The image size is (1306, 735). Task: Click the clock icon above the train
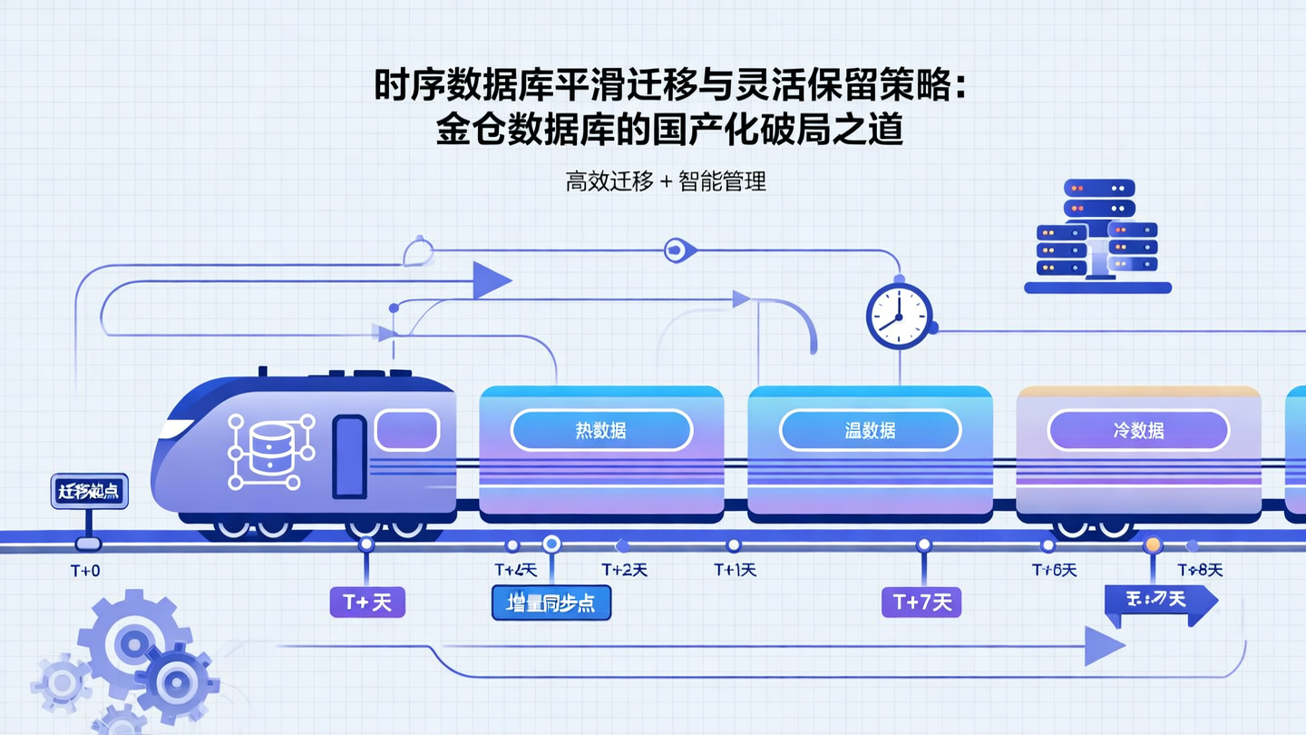point(899,316)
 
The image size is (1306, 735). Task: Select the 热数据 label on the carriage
point(601,430)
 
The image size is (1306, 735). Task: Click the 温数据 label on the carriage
point(870,430)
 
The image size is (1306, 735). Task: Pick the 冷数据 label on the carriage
point(1138,430)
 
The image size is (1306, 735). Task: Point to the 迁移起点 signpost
point(89,492)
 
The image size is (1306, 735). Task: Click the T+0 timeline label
point(85,571)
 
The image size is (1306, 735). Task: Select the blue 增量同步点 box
point(551,603)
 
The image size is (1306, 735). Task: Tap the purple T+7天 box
point(921,602)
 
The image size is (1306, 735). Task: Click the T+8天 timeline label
point(1200,570)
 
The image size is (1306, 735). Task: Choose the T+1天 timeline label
point(735,570)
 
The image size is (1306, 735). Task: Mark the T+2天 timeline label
point(624,570)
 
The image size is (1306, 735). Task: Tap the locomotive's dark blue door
point(349,456)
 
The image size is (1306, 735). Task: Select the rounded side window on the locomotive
point(407,430)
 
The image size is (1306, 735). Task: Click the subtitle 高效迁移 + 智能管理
point(666,181)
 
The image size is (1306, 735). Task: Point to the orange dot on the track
point(1153,544)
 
